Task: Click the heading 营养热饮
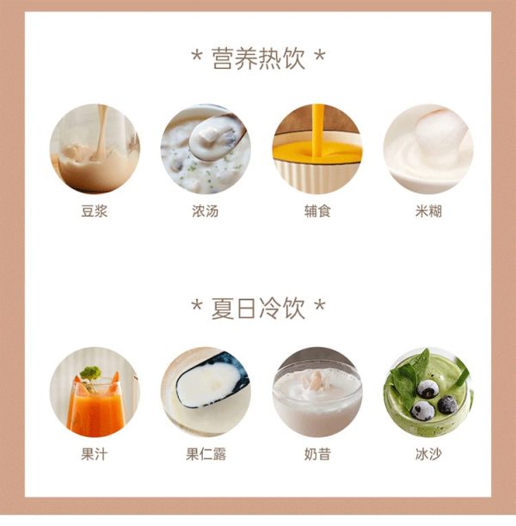click(259, 58)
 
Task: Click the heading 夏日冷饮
click(259, 309)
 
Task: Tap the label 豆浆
click(95, 211)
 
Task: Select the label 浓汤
click(206, 211)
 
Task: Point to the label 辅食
click(317, 211)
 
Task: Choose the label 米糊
click(428, 211)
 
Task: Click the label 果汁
click(95, 454)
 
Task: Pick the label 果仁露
click(206, 454)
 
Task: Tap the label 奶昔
click(317, 454)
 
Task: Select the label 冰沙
click(428, 454)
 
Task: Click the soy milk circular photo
click(95, 149)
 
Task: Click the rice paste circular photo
click(428, 149)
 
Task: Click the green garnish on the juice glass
click(90, 373)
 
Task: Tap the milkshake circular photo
click(317, 392)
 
